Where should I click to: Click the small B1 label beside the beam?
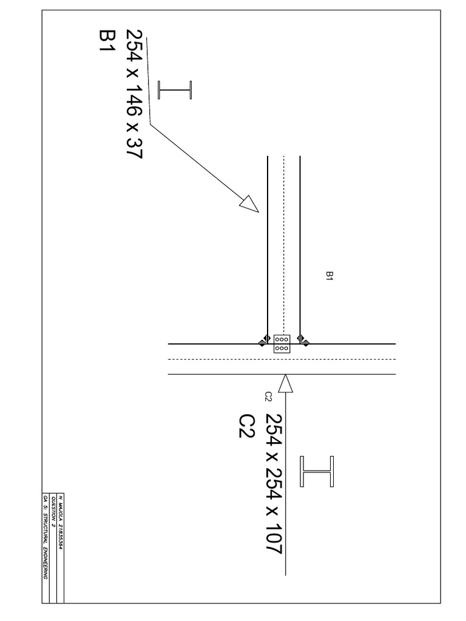click(x=329, y=276)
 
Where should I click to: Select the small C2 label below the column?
click(x=268, y=397)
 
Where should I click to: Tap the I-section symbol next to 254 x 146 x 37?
click(x=174, y=90)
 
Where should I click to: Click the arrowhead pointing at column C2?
click(x=286, y=383)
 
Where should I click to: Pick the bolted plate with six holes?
click(x=282, y=344)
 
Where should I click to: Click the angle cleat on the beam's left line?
click(x=264, y=341)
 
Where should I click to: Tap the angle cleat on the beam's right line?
click(x=304, y=341)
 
